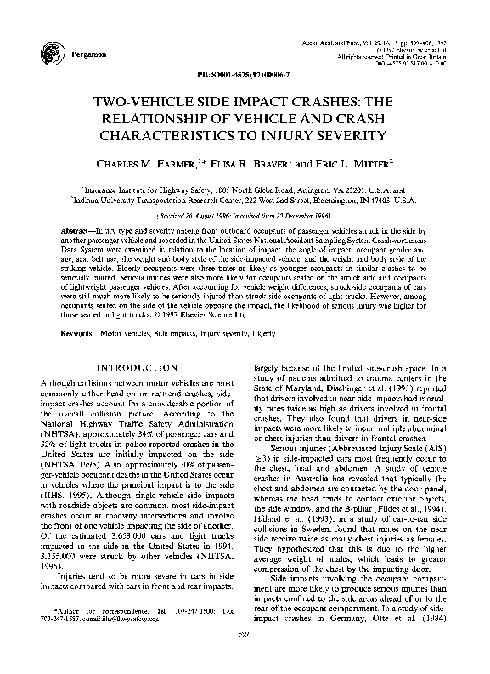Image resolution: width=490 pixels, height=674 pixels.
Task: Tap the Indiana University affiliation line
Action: point(245,193)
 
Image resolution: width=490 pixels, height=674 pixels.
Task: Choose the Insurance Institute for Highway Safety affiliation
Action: point(245,182)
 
